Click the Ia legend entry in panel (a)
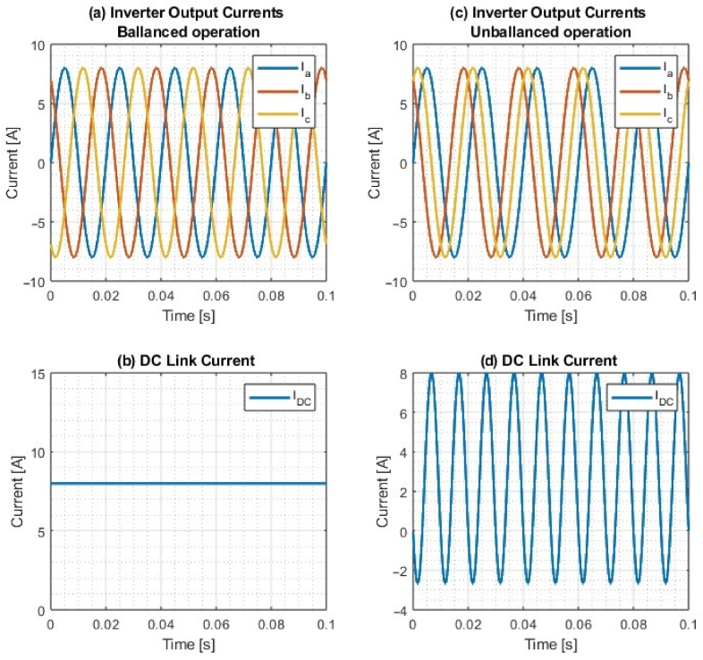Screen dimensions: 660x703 284,68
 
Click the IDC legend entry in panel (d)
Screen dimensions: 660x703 639,400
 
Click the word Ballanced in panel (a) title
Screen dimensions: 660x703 157,33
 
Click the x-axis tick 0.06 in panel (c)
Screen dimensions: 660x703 578,297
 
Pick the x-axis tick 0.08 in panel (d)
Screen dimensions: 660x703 633,625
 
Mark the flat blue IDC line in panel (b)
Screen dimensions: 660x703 188,484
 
